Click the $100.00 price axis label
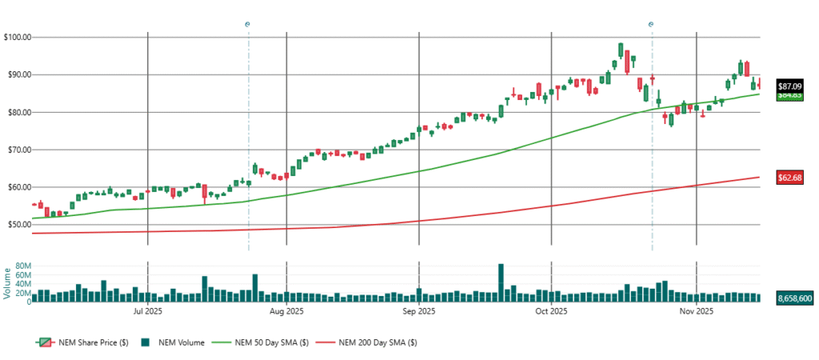coord(18,37)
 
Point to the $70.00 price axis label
coord(18,150)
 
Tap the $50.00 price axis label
coord(18,225)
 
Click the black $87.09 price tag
coord(789,86)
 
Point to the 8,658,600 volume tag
coord(795,298)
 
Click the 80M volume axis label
coord(22,265)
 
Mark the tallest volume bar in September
coord(501,282)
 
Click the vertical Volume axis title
coord(6,282)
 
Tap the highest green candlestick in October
coord(621,49)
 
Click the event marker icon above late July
coord(249,24)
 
